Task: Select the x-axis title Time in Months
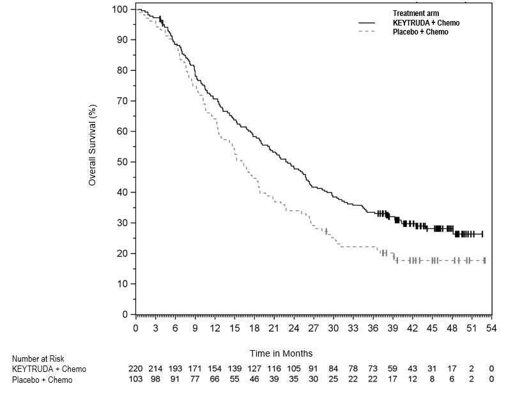(x=280, y=353)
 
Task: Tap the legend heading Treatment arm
(x=416, y=13)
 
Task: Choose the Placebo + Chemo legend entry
(x=420, y=32)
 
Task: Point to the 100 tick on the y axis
(x=119, y=9)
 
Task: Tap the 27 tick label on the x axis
(x=314, y=328)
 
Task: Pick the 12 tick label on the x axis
(x=215, y=328)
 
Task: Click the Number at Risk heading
(x=38, y=359)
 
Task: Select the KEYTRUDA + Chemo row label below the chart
(x=49, y=369)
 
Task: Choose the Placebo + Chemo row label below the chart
(x=42, y=380)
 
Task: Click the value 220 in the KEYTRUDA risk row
(x=135, y=369)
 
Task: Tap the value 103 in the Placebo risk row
(x=135, y=380)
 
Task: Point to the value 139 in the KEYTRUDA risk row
(x=234, y=369)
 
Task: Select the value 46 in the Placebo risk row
(x=254, y=380)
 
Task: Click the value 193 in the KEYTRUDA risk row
(x=175, y=369)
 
